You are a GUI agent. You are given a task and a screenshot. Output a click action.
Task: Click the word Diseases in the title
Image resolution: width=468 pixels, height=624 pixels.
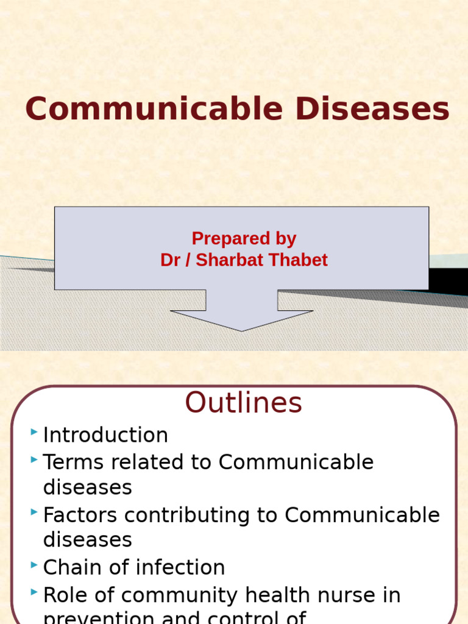pos(372,110)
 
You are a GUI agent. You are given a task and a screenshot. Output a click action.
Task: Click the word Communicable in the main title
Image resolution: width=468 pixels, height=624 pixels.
pos(155,110)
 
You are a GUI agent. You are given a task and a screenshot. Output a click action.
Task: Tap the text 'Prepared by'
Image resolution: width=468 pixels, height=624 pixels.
pos(244,238)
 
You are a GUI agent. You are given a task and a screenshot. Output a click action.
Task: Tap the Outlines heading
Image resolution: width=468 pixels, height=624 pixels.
pos(243,403)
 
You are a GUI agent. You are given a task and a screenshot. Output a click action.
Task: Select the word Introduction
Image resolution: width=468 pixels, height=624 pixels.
pos(105,435)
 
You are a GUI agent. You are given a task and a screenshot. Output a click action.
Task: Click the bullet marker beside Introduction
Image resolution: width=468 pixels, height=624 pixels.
pos(34,433)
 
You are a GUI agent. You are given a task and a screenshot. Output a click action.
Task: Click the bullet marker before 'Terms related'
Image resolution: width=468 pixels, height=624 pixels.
pos(34,459)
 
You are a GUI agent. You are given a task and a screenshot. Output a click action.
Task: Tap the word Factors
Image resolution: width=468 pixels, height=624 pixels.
pos(78,516)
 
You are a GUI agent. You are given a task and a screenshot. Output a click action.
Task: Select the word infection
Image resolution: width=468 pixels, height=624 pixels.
pos(180,568)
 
